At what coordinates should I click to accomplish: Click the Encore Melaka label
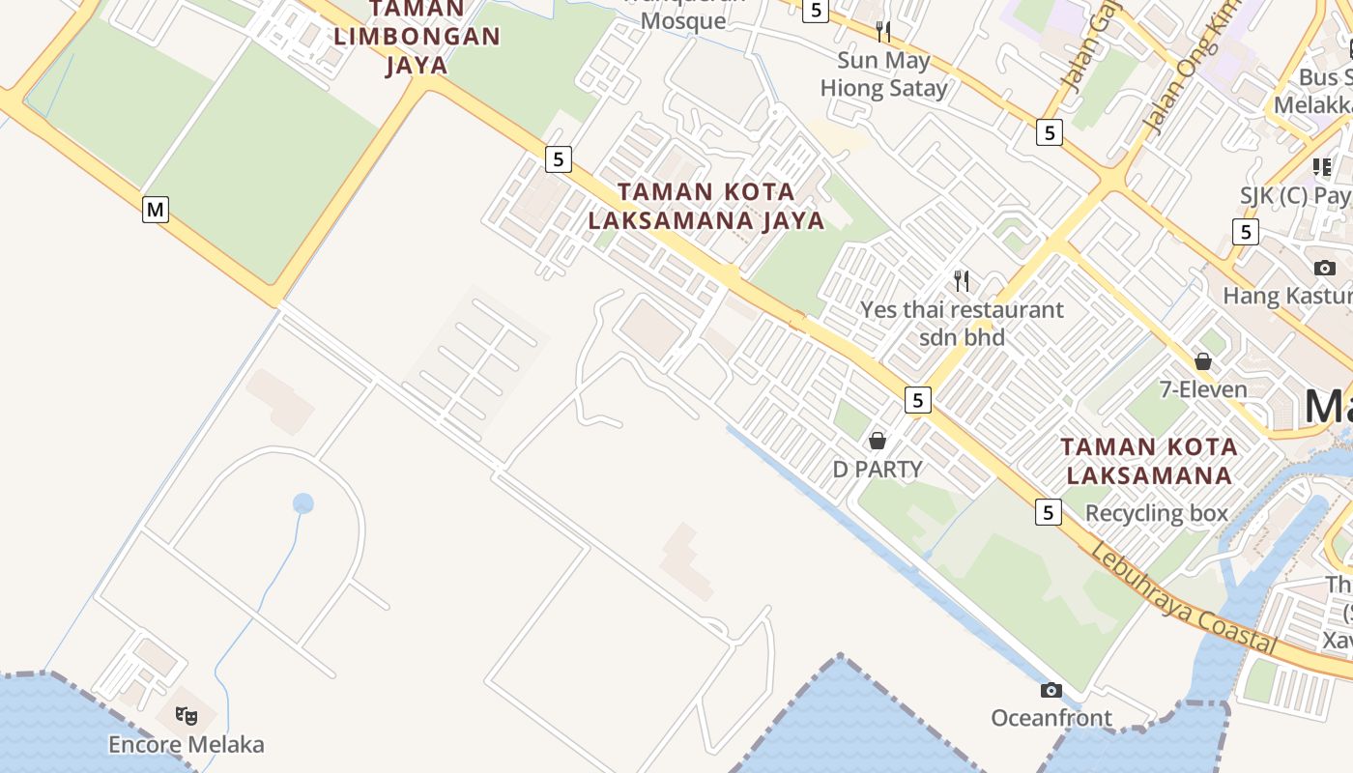186,745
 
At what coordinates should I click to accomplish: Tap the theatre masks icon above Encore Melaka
186,716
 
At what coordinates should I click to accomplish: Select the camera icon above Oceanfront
1051,690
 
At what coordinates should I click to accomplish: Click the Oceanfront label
1051,718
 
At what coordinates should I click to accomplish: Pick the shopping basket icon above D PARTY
878,441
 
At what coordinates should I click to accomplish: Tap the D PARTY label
878,469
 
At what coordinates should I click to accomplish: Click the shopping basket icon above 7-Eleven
1203,361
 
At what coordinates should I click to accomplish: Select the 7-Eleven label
1203,389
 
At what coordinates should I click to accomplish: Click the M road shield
156,209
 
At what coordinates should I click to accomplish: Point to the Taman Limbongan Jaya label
417,38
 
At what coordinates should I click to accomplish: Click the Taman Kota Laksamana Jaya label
706,206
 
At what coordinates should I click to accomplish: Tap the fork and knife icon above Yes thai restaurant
962,281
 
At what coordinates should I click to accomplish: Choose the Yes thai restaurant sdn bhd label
962,323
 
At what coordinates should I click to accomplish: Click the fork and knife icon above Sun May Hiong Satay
883,32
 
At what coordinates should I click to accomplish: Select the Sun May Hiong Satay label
883,74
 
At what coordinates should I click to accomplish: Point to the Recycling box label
1157,513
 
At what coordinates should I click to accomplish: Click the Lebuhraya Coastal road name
1184,598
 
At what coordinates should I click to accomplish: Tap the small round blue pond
303,503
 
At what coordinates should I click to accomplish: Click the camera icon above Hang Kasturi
1324,268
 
